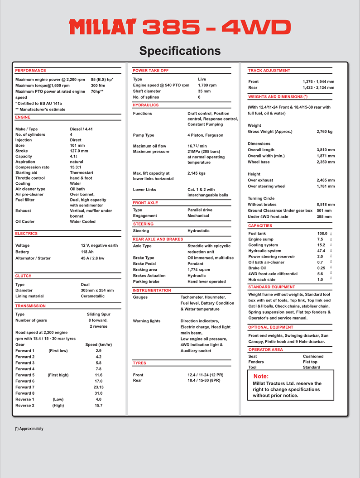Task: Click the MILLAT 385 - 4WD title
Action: pos(180,27)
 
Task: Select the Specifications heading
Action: pos(180,50)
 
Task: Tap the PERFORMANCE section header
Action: pos(30,71)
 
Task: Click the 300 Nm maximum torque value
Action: pos(98,85)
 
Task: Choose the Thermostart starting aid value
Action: pos(82,172)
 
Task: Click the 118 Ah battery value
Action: pos(87,252)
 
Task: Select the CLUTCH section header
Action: pos(24,276)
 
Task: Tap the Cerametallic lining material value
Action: pos(93,296)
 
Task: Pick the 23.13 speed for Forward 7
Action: pos(99,387)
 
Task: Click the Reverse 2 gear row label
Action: pos(25,405)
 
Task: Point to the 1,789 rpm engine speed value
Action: pos(207,85)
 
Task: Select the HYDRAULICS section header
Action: pos(146,105)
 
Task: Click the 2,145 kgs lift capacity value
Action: pos(197,173)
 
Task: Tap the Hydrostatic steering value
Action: pos(198,231)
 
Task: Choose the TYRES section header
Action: pos(139,363)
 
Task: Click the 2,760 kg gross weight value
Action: pos(324,132)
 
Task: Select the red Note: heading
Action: pos(261,376)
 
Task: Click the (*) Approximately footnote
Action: pos(29,428)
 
